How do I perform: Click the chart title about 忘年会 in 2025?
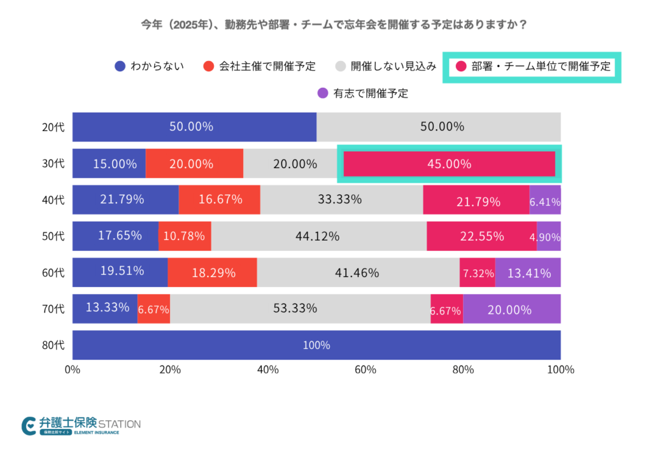(x=325, y=25)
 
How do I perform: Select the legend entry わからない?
(x=150, y=66)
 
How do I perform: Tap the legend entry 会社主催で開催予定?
(x=260, y=66)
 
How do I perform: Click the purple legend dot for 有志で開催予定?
(x=323, y=93)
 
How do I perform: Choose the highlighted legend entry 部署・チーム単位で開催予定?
(x=532, y=66)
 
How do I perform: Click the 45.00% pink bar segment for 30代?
(x=449, y=164)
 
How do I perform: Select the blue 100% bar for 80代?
(x=316, y=345)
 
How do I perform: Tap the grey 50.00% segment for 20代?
(x=439, y=127)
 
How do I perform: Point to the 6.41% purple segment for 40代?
(x=545, y=200)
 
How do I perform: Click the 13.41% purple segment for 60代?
(x=527, y=272)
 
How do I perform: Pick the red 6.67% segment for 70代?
(x=153, y=309)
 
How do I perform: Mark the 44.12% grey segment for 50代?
(x=318, y=236)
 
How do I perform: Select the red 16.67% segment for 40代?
(x=220, y=200)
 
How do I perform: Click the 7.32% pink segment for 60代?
(x=477, y=272)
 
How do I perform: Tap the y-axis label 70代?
(x=53, y=309)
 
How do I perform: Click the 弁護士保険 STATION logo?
(x=81, y=425)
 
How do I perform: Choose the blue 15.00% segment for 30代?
(x=109, y=164)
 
